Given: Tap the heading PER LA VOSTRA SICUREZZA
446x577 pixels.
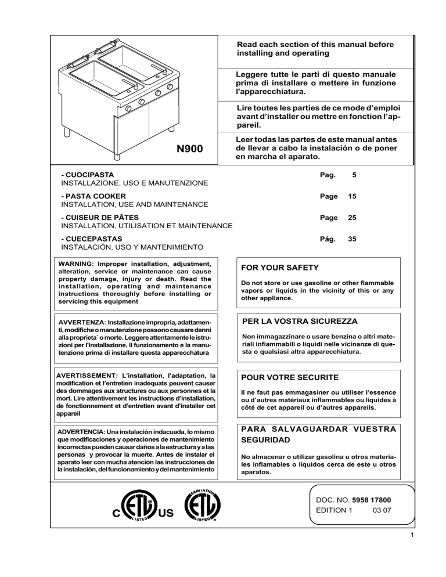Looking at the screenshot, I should (x=298, y=320).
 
